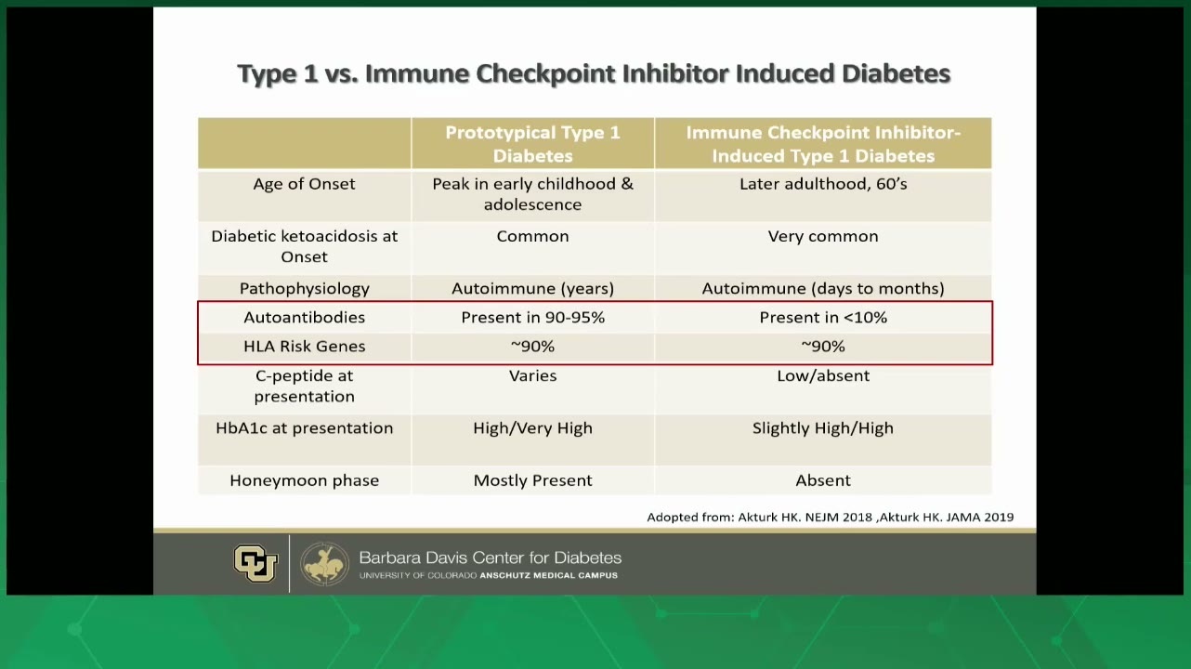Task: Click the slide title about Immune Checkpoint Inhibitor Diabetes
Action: [x=594, y=73]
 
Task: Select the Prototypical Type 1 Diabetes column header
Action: [x=532, y=144]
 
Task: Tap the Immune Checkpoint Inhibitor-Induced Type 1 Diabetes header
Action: [x=823, y=144]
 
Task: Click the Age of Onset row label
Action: [x=304, y=184]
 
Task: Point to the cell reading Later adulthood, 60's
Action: [x=823, y=184]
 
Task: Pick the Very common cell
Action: [x=823, y=236]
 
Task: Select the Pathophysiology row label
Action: [x=304, y=288]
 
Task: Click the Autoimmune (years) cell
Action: [x=532, y=288]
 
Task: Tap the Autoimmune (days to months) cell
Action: [x=823, y=288]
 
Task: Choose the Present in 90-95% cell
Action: [x=532, y=318]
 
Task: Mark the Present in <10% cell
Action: [x=823, y=318]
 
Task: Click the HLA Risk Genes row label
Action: [x=304, y=347]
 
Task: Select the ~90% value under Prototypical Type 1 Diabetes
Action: [x=532, y=347]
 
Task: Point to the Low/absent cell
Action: [x=823, y=376]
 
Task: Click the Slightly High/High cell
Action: [x=823, y=428]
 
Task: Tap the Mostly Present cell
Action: [x=532, y=480]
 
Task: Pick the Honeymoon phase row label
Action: [x=304, y=480]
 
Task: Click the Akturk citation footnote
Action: [x=830, y=517]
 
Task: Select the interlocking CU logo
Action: [x=255, y=563]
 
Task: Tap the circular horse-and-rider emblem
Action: [x=324, y=564]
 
